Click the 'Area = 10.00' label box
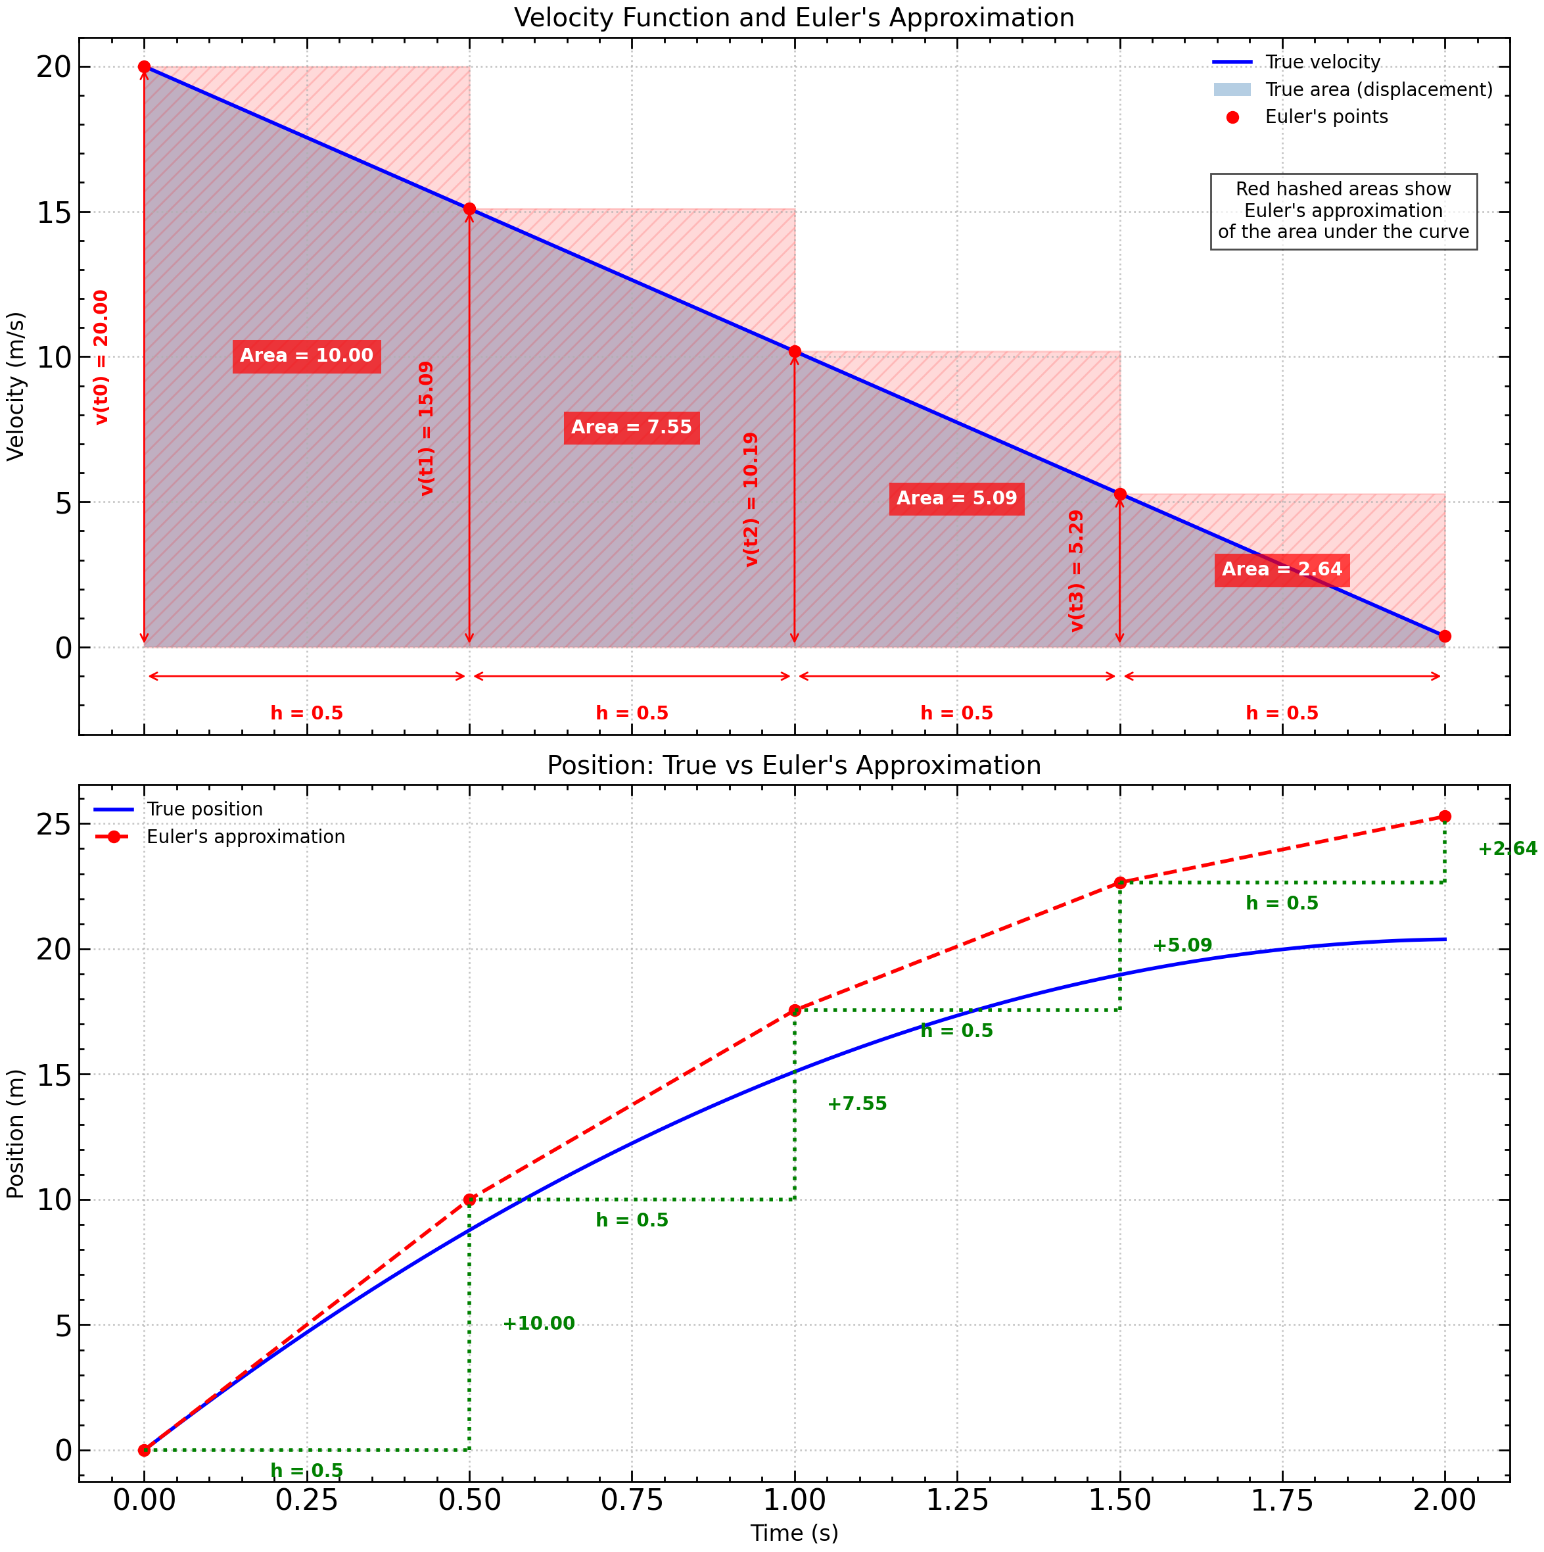click(x=307, y=356)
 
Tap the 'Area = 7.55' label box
click(x=631, y=427)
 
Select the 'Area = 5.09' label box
click(x=956, y=498)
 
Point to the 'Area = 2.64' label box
click(x=1282, y=570)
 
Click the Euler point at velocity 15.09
click(x=470, y=209)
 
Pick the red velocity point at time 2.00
click(x=1445, y=636)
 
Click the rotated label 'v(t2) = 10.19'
click(x=751, y=500)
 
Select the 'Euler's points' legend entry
click(x=1326, y=117)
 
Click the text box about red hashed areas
click(x=1344, y=211)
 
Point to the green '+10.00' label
click(x=539, y=1324)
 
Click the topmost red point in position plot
click(x=1445, y=817)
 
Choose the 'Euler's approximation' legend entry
click(x=245, y=837)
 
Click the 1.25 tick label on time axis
click(x=957, y=1501)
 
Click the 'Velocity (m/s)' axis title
click(x=16, y=385)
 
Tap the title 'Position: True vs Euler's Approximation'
click(x=793, y=765)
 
